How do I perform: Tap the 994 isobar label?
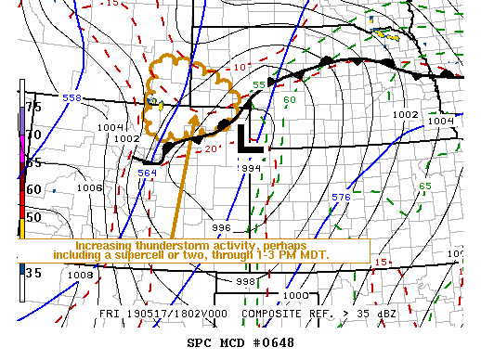pyautogui.click(x=251, y=168)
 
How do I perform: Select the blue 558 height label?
pyautogui.click(x=71, y=97)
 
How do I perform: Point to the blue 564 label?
pyautogui.click(x=147, y=172)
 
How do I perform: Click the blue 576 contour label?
pyautogui.click(x=341, y=198)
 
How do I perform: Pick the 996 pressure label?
pyautogui.click(x=221, y=227)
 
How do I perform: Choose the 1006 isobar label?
pyautogui.click(x=89, y=187)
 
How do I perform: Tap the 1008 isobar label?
pyautogui.click(x=81, y=275)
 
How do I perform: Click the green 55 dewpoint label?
pyautogui.click(x=259, y=85)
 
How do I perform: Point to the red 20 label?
pyautogui.click(x=212, y=149)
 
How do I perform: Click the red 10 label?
pyautogui.click(x=239, y=67)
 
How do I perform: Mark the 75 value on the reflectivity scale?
pyautogui.click(x=32, y=107)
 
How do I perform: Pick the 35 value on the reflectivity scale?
pyautogui.click(x=32, y=273)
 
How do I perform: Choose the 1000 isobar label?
pyautogui.click(x=293, y=295)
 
